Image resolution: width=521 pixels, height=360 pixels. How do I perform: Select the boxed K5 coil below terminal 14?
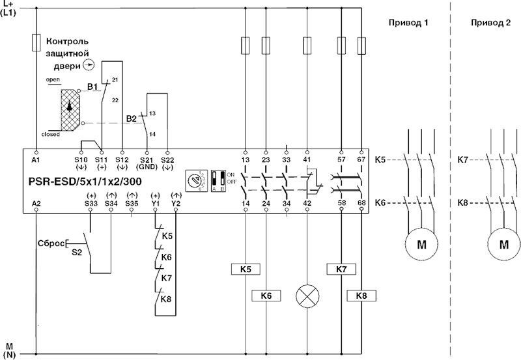click(245, 268)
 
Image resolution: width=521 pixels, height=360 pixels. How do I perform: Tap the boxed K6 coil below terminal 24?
click(265, 296)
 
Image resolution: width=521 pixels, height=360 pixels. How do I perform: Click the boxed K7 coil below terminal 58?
click(341, 268)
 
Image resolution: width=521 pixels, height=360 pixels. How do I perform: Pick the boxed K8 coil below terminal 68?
click(361, 296)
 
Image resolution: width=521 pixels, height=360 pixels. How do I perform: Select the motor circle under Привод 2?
click(503, 245)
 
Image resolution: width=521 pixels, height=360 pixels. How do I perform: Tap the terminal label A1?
click(35, 159)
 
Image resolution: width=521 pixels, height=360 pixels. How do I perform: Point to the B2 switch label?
click(131, 119)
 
